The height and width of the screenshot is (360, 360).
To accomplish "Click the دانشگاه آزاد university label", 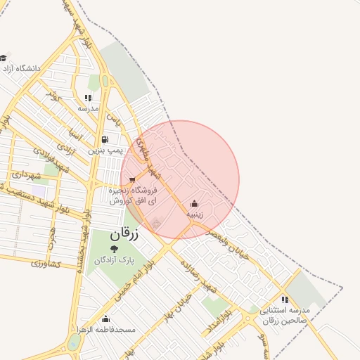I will click(23, 69).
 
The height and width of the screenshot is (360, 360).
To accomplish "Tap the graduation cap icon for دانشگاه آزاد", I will click(4, 58).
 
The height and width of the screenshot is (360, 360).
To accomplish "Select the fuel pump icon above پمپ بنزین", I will click(105, 139).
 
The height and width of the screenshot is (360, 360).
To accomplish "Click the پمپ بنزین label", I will click(105, 150).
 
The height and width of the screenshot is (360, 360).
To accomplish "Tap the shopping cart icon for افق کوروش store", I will click(132, 180).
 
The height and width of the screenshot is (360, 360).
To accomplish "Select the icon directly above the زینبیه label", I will click(193, 204).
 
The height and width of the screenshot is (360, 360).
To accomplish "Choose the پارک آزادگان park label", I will click(115, 259).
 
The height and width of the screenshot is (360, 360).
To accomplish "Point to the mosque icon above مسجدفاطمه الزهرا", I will click(106, 319).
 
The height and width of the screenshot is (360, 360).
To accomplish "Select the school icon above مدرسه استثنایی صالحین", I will click(284, 300).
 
